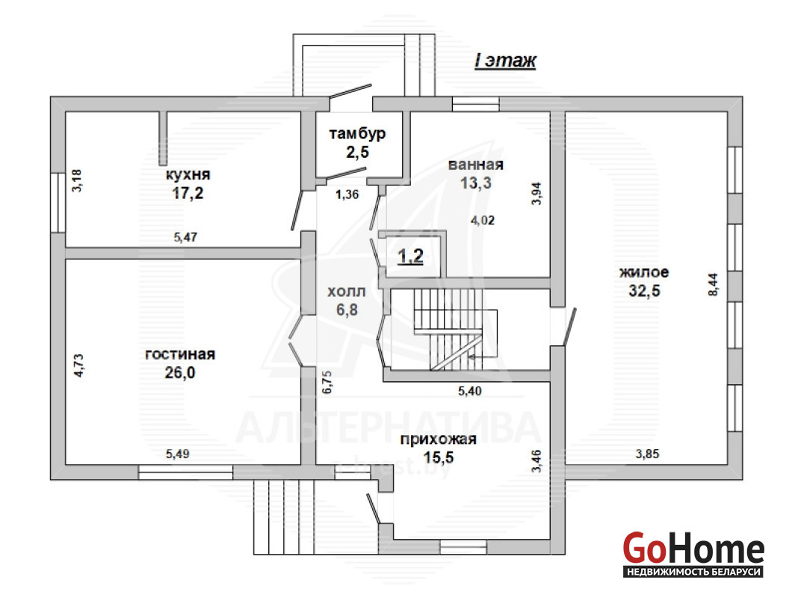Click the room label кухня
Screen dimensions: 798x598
click(x=188, y=175)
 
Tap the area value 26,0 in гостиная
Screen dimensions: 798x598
click(x=179, y=373)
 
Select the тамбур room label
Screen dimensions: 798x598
click(x=357, y=134)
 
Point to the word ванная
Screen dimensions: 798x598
click(x=476, y=165)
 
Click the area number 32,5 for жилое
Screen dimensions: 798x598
click(x=644, y=291)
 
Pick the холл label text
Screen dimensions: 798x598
click(x=347, y=292)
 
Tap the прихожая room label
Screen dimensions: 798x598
click(x=438, y=440)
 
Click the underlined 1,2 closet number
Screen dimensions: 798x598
click(x=411, y=256)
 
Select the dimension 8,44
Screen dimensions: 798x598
click(x=713, y=285)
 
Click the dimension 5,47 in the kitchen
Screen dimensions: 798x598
click(x=185, y=237)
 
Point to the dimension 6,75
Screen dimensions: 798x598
click(x=327, y=382)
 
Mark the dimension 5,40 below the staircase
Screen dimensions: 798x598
click(x=470, y=391)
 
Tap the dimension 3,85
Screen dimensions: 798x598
click(x=647, y=454)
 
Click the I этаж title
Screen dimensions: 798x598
click(x=505, y=61)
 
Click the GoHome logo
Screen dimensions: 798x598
click(x=693, y=554)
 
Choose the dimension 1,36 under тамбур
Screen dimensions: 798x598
click(x=347, y=194)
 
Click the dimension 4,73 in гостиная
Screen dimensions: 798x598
click(x=79, y=366)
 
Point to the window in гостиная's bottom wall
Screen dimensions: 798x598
click(x=186, y=472)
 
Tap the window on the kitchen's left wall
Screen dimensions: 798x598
click(x=58, y=203)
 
